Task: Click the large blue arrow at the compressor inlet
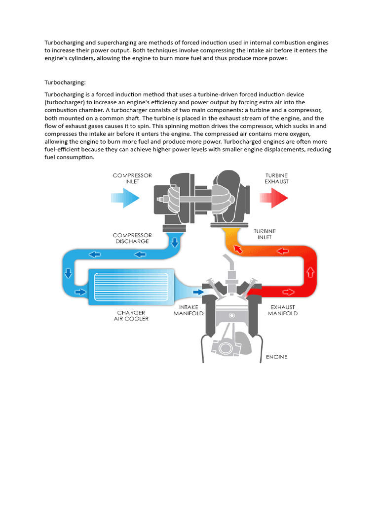pyautogui.click(x=126, y=199)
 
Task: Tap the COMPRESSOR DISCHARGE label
pyautogui.click(x=132, y=238)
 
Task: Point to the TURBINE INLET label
pyautogui.click(x=265, y=234)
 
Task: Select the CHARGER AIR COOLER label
pyautogui.click(x=132, y=315)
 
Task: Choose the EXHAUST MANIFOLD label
pyautogui.click(x=282, y=310)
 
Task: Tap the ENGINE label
pyautogui.click(x=276, y=356)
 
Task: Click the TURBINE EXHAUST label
pyautogui.click(x=277, y=178)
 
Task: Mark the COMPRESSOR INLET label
pyautogui.click(x=132, y=178)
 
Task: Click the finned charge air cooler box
pyautogui.click(x=131, y=286)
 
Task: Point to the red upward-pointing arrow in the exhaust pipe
pyautogui.click(x=310, y=271)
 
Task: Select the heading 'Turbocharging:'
pyautogui.click(x=65, y=82)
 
